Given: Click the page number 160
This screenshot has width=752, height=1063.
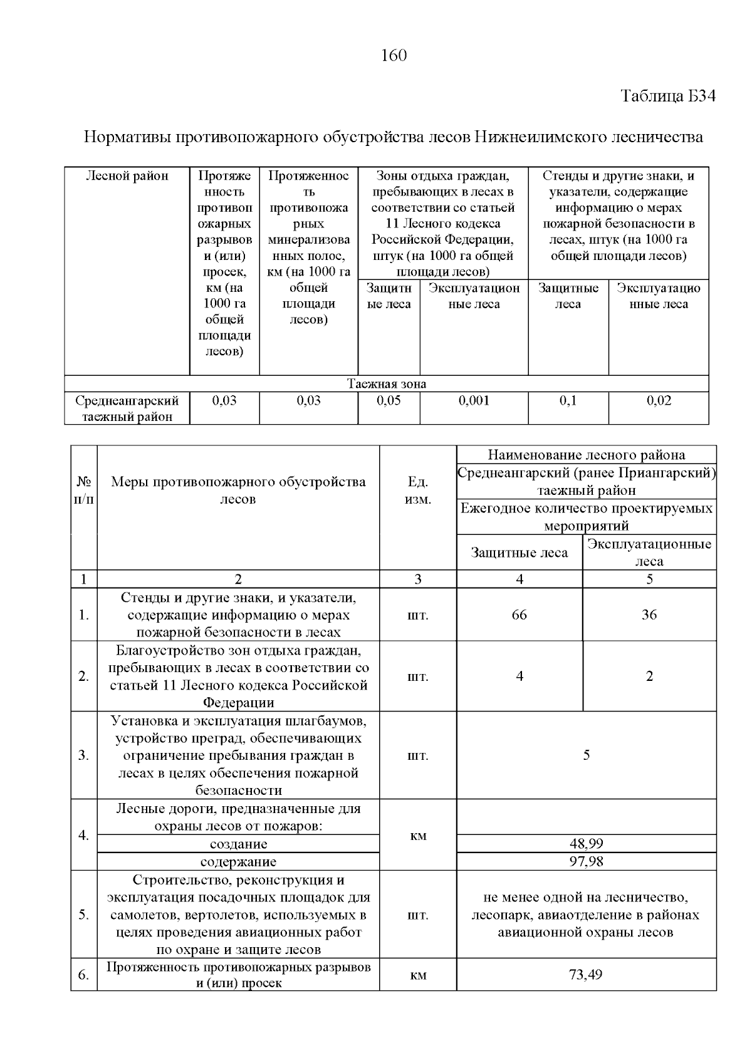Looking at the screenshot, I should click(x=394, y=56).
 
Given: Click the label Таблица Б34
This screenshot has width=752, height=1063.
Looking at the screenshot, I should click(x=667, y=96).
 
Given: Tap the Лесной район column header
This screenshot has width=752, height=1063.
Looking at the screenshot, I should click(x=127, y=176).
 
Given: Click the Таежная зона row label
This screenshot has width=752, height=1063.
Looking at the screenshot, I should click(x=387, y=384).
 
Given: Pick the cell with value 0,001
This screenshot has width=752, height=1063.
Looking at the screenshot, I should click(x=474, y=401).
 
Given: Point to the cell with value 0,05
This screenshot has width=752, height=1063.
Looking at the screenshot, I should click(x=389, y=401).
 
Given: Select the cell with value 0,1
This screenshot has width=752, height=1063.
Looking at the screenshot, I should click(x=568, y=401).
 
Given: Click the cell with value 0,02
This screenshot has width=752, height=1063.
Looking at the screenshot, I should click(x=659, y=401).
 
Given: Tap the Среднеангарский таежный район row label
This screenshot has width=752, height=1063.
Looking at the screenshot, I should click(x=127, y=408).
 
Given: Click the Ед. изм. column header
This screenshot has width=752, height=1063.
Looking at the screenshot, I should click(x=418, y=490).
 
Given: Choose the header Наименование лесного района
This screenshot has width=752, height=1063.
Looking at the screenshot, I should click(x=586, y=455).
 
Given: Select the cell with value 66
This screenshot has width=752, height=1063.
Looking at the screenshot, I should click(x=519, y=615).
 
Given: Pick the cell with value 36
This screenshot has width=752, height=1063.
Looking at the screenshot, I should click(x=649, y=615).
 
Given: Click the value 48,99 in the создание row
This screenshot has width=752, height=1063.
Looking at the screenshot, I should click(x=586, y=844).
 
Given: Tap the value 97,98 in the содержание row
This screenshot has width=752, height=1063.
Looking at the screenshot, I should click(x=586, y=862).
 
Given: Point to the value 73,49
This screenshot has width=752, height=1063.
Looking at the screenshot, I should click(x=586, y=975).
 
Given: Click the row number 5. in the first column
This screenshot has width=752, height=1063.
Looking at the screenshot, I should click(x=84, y=915).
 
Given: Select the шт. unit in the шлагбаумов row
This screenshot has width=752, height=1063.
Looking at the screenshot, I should click(x=418, y=755).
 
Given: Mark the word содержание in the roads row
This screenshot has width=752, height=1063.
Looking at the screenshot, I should click(x=238, y=862).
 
